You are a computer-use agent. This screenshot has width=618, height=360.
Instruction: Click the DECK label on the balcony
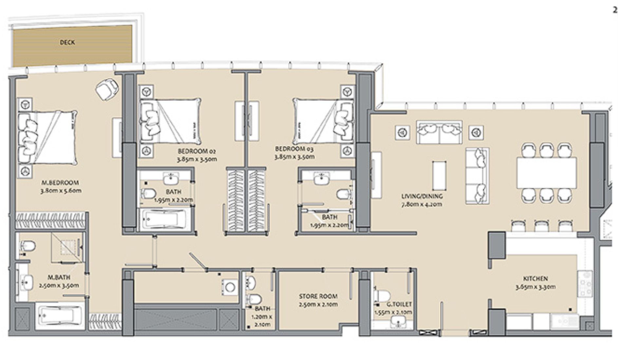(x=67, y=42)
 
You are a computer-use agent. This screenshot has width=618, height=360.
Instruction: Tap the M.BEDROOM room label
(x=60, y=183)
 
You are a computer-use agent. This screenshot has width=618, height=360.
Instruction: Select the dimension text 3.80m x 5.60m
(x=61, y=190)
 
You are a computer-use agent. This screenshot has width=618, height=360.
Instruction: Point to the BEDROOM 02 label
(x=197, y=151)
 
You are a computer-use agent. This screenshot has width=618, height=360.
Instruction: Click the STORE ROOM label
(x=318, y=297)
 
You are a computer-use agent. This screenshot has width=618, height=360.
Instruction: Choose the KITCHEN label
(x=535, y=279)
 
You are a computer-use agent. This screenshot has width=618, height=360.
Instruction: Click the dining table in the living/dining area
(x=547, y=173)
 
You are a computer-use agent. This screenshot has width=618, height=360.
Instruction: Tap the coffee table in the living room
(x=439, y=175)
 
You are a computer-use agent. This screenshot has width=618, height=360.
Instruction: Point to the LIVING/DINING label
(x=422, y=196)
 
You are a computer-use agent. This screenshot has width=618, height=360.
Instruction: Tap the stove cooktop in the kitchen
(x=585, y=283)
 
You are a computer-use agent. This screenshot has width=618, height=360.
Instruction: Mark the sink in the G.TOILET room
(x=398, y=323)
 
